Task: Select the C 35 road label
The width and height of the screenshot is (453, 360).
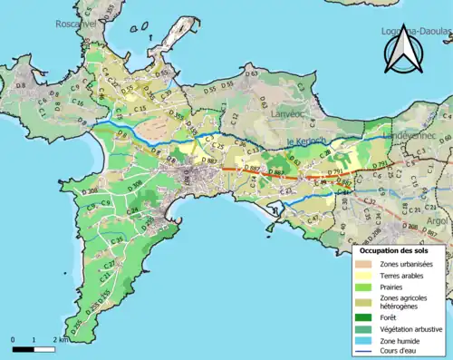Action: pyautogui.click(x=117, y=238)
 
